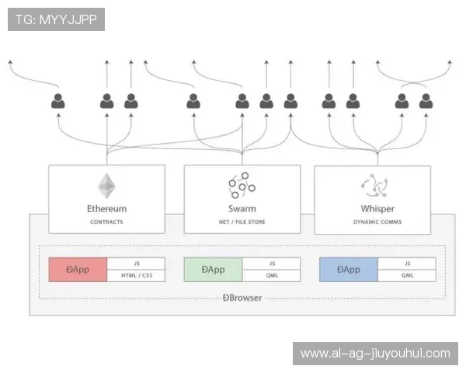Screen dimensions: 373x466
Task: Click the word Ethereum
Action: click(x=106, y=208)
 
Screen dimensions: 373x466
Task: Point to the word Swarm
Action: click(x=242, y=208)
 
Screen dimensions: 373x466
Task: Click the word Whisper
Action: click(x=377, y=208)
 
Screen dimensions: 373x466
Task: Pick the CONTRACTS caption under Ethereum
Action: click(x=106, y=221)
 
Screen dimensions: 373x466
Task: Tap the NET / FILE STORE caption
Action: click(x=242, y=221)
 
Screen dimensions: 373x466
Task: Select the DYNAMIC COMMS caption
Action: click(x=377, y=221)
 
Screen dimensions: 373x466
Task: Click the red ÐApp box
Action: click(x=78, y=270)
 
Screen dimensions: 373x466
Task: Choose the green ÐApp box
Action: click(x=213, y=270)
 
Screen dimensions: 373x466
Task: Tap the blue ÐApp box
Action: click(x=348, y=270)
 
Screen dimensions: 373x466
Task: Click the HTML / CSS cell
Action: click(x=136, y=275)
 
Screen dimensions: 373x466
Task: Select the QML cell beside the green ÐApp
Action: click(x=271, y=275)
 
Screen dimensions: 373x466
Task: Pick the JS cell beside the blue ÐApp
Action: click(x=406, y=263)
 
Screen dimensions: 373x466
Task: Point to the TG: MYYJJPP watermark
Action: click(x=56, y=19)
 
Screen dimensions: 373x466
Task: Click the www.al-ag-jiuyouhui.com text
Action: click(x=375, y=353)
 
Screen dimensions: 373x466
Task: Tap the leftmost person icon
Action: click(x=58, y=100)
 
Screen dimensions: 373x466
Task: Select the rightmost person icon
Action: click(x=426, y=100)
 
